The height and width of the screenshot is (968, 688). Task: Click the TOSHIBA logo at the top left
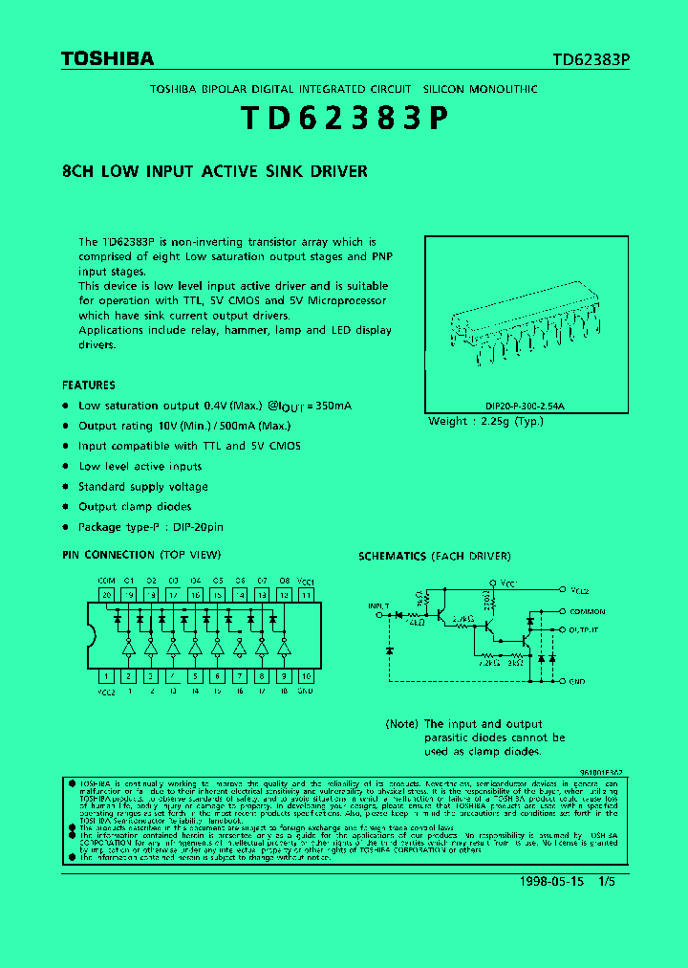pos(107,59)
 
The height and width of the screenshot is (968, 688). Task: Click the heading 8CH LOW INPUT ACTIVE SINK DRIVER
pos(214,172)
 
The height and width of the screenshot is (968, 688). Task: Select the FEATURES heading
pos(89,385)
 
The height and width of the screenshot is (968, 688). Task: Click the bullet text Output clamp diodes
pos(135,507)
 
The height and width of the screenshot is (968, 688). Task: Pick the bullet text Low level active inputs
pos(140,467)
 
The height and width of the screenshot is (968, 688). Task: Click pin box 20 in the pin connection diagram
pos(106,595)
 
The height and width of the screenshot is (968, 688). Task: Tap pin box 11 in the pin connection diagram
pos(306,595)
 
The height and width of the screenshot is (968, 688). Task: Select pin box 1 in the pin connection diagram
pos(106,675)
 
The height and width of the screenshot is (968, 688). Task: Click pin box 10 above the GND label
pos(306,675)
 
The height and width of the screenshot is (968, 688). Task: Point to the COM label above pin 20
pos(106,581)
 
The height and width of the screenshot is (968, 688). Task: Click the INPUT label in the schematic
pos(379,605)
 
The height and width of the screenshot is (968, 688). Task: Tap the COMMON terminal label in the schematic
pos(589,611)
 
